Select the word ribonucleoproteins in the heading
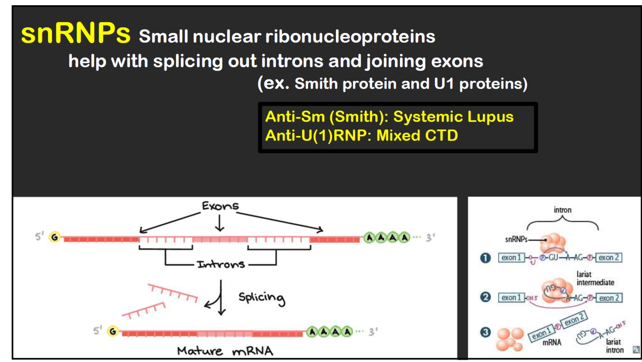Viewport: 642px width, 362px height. tap(350, 37)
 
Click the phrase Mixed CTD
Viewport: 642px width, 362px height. tap(417, 136)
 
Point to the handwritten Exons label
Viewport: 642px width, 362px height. tap(220, 206)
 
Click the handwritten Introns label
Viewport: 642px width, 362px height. tap(221, 264)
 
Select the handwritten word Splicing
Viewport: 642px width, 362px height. tap(261, 298)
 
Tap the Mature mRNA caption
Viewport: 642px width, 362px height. tap(225, 350)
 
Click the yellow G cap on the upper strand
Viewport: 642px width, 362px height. tap(55, 237)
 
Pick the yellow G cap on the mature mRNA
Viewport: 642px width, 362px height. tap(113, 331)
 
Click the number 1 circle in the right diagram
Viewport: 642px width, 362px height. tap(486, 258)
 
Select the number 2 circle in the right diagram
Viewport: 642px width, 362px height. tap(486, 297)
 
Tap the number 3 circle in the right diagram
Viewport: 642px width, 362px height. tap(486, 332)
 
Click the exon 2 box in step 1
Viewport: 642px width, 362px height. tap(609, 258)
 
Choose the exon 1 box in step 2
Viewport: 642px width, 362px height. tap(511, 298)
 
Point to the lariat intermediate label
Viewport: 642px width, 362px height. tap(595, 278)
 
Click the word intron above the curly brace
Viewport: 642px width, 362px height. tap(563, 210)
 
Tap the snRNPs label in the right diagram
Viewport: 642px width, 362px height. tap(516, 239)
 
